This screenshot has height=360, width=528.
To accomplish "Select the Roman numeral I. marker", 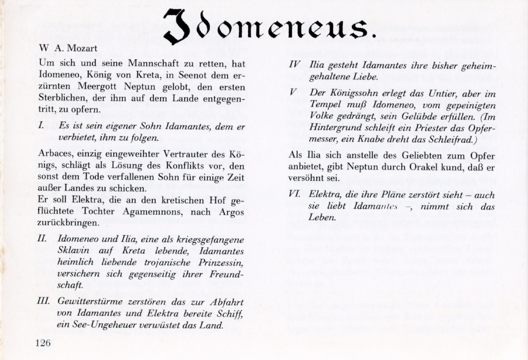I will click(41, 125).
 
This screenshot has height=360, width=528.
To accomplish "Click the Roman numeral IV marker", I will click(295, 65).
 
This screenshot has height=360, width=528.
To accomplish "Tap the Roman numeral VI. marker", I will click(295, 194).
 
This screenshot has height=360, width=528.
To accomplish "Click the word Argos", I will click(231, 212).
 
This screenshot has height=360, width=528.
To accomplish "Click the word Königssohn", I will click(358, 93).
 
